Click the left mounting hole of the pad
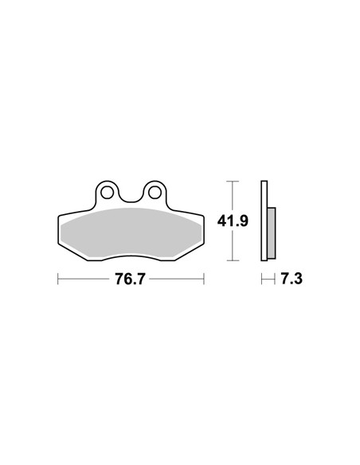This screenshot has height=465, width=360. pos(107,193)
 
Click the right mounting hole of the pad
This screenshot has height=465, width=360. pos(155,193)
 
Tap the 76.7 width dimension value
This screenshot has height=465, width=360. pos(130,279)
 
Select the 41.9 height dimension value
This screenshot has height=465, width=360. pos(233,221)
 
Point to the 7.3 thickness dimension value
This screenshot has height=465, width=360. pos(292,279)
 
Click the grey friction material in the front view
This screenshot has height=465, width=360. pos(131,232)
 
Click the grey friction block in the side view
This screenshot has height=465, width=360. pos(272,233)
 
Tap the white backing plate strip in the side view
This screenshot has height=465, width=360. pos(264,221)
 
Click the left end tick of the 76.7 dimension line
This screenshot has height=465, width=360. pos(58,279)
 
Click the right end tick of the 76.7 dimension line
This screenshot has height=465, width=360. pos(204,279)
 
